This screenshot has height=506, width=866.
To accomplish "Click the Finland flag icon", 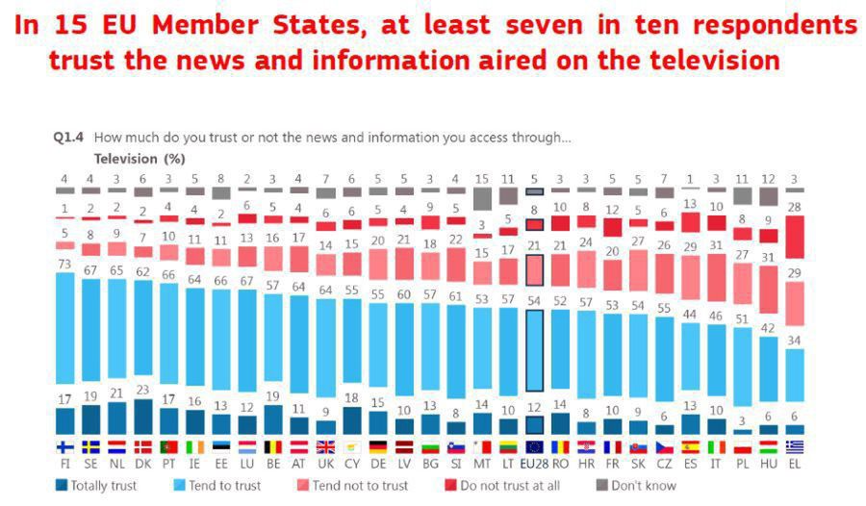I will click(x=64, y=446).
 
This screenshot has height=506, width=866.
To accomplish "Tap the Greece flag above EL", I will click(x=794, y=446).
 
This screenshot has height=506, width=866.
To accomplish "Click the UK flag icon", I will click(x=325, y=446).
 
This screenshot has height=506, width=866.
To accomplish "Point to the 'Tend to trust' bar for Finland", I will click(x=64, y=327).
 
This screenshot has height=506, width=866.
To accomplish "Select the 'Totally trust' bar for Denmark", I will click(x=142, y=417).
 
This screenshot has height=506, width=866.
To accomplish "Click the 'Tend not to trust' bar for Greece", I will click(x=794, y=303).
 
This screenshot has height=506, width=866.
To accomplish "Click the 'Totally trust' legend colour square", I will click(x=63, y=486).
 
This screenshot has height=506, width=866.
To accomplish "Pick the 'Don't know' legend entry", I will click(x=639, y=486).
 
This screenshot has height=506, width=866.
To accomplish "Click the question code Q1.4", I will click(x=69, y=138).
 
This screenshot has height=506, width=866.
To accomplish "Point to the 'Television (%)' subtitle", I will click(x=139, y=158).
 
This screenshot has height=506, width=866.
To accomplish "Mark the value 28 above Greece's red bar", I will click(x=794, y=207).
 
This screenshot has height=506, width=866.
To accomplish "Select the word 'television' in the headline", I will click(x=714, y=61).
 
